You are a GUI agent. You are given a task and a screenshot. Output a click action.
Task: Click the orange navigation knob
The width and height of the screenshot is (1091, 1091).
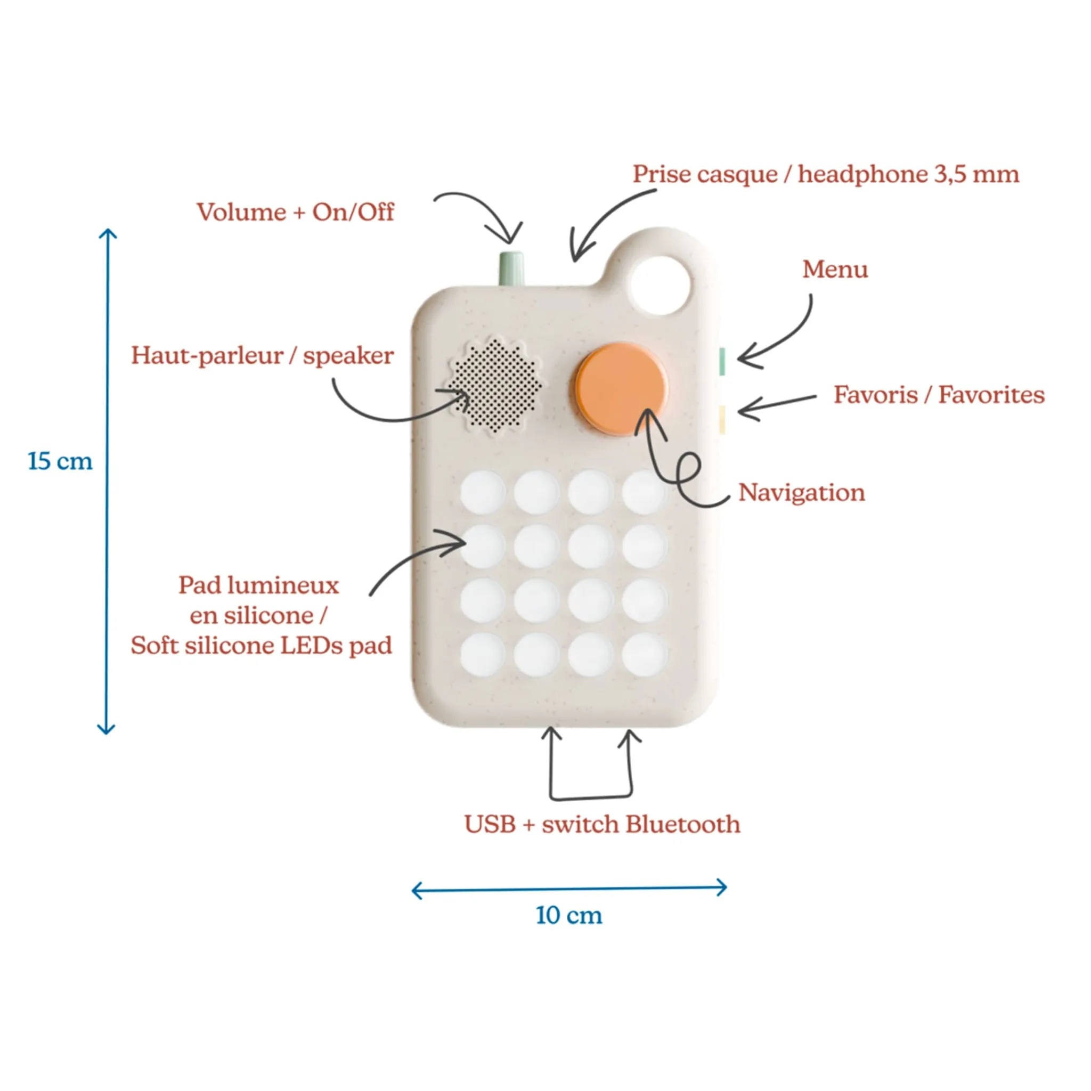tap(621, 388)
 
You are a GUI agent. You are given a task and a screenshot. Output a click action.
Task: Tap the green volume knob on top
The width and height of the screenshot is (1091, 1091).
tap(511, 268)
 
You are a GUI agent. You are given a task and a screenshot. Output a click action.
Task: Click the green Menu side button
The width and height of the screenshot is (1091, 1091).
tap(722, 362)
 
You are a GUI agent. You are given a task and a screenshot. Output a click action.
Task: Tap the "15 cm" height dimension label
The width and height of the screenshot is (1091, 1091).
tap(60, 461)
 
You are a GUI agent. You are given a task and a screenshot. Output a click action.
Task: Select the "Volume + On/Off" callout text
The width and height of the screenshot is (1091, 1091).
tap(295, 213)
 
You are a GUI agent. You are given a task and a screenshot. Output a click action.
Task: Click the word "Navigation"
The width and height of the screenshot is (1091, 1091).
tap(802, 493)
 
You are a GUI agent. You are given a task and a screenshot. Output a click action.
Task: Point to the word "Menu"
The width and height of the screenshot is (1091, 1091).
tap(835, 270)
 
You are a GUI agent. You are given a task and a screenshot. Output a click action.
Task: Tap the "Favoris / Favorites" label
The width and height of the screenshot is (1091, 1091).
tap(939, 395)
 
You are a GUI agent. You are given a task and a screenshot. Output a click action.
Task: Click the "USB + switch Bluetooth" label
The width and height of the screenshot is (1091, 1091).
tap(602, 825)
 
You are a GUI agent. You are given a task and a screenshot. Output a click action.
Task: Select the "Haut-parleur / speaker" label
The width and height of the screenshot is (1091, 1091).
tap(263, 356)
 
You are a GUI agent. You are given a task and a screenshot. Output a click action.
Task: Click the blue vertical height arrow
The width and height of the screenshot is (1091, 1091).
tap(107, 481)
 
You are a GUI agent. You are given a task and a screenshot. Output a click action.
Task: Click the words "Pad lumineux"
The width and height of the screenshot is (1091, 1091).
tap(258, 585)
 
